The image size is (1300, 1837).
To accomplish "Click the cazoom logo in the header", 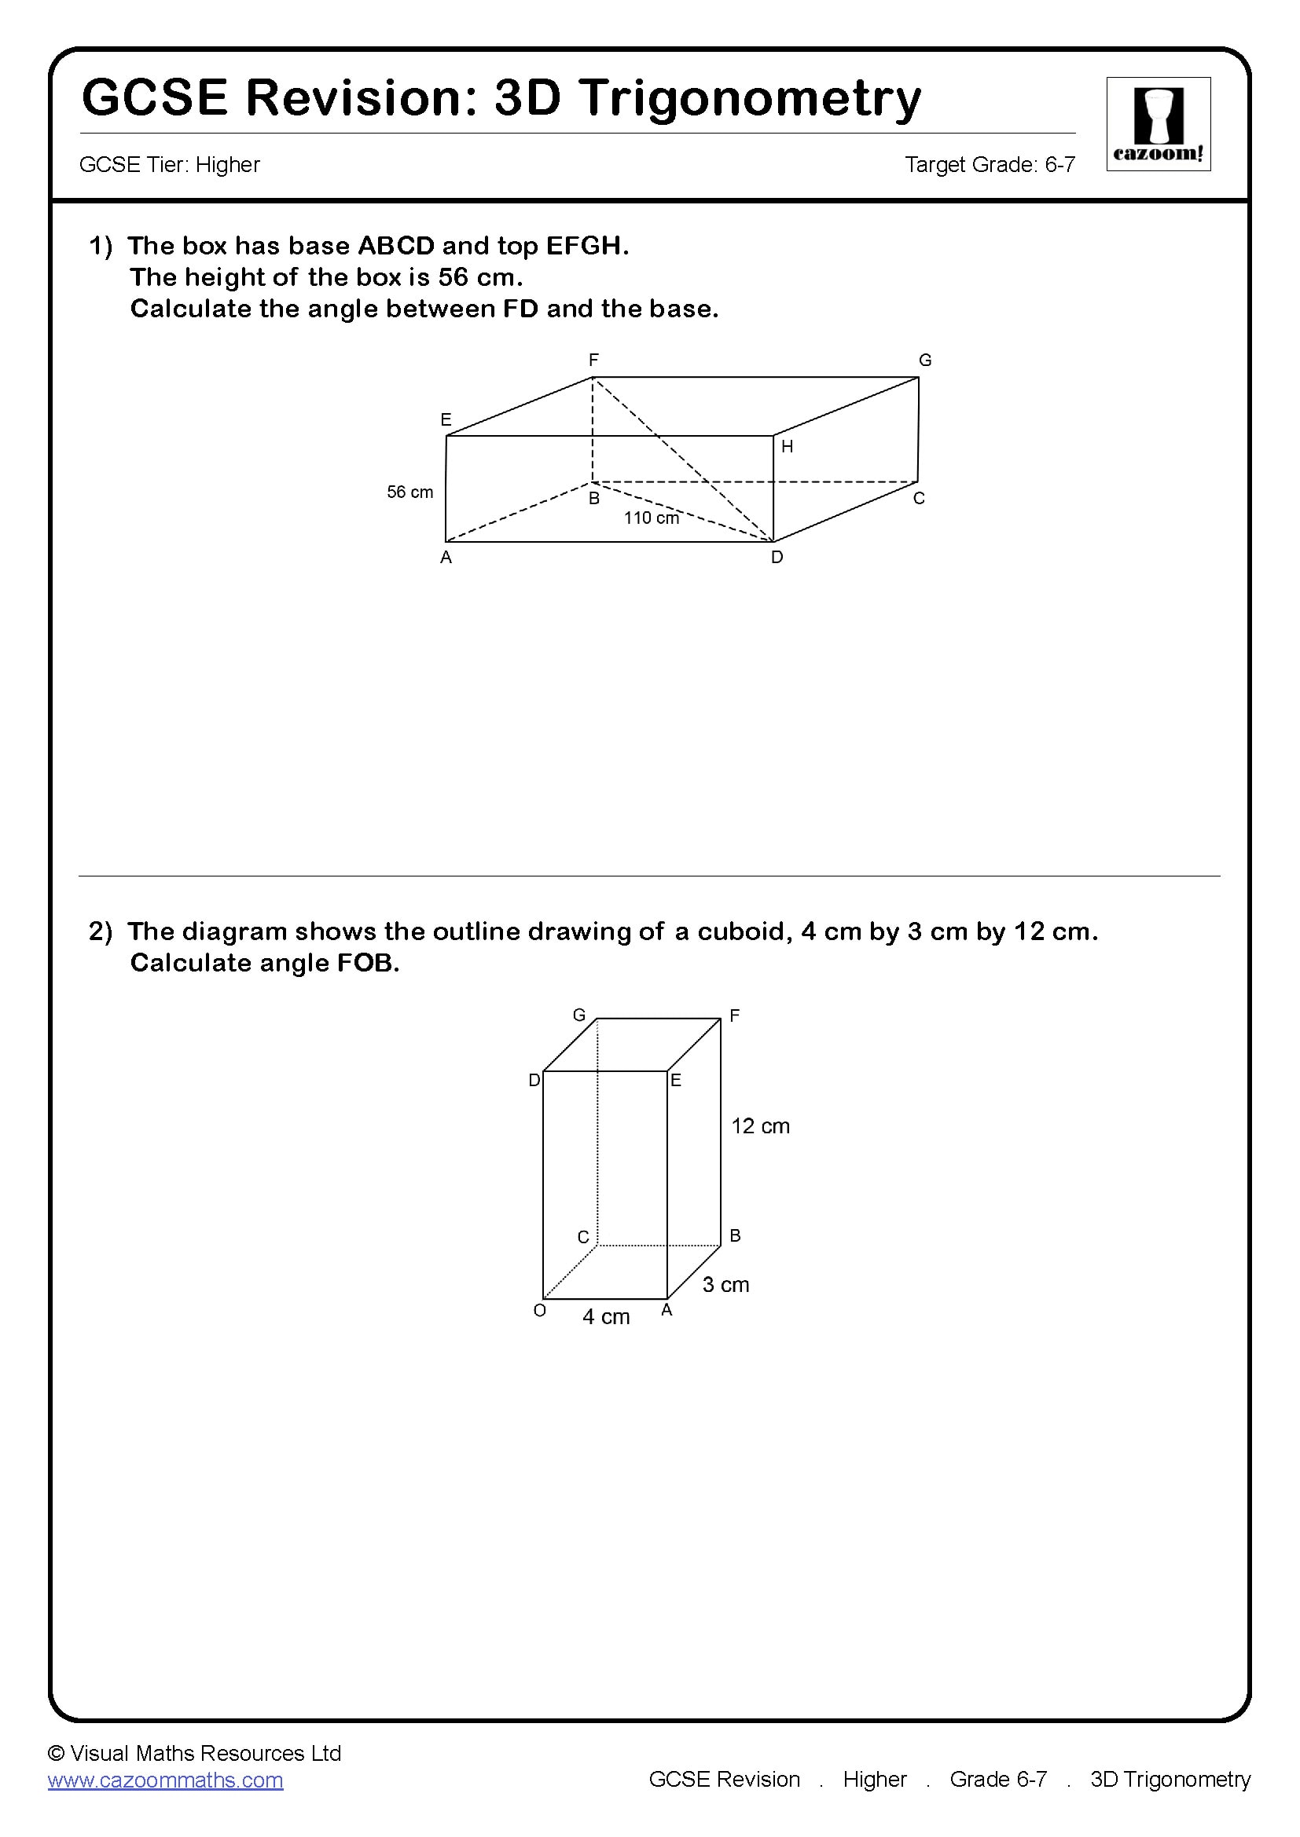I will tap(1158, 124).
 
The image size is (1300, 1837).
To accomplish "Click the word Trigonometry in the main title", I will tap(750, 99).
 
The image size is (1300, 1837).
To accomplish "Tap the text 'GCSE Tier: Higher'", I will tap(170, 165).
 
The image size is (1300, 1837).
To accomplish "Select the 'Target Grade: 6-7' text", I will tap(990, 165).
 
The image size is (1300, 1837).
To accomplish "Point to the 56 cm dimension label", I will tap(409, 492).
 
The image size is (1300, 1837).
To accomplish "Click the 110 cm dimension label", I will tap(651, 518).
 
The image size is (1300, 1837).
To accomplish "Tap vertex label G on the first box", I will tap(924, 360).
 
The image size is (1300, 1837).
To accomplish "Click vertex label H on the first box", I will tap(787, 447).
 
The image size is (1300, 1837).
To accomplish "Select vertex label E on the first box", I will tap(446, 419).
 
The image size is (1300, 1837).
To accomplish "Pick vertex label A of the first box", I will tap(446, 558).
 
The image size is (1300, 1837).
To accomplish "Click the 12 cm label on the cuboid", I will tap(760, 1126).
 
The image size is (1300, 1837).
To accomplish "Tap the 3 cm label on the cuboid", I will tap(725, 1285).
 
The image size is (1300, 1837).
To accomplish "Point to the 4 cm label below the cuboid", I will tap(606, 1317).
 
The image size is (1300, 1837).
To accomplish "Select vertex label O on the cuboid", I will tap(539, 1311).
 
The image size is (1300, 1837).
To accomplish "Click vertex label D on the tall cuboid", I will tap(534, 1081).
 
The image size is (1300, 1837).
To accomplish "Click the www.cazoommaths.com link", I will tap(166, 1780).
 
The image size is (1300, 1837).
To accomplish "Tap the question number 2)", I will tap(101, 931).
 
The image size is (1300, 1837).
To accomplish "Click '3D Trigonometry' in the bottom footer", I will tap(1170, 1780).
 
